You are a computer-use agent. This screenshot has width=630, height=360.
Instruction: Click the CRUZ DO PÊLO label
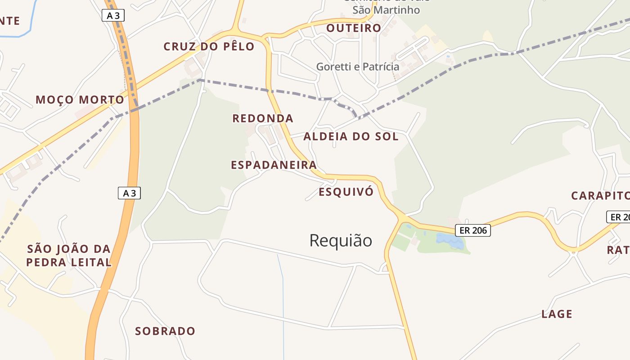point(209,46)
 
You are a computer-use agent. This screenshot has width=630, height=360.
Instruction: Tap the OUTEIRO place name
point(354,28)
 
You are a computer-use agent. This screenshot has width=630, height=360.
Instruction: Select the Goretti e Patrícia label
point(358,67)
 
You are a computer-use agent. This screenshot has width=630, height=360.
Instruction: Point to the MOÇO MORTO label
point(80,99)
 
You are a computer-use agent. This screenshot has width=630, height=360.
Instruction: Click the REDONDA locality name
point(263,118)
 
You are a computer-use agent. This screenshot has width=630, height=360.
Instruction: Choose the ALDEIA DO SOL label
point(351,136)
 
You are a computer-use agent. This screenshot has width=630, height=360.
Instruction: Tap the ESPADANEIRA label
point(274,165)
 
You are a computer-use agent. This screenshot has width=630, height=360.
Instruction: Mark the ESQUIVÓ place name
point(346,192)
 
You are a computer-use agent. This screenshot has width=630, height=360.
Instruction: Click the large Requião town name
point(341,240)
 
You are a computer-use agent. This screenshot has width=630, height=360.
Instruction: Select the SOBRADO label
point(165,331)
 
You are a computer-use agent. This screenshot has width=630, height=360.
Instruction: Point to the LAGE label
point(557,314)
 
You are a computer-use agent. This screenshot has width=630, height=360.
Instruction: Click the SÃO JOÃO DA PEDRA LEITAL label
point(69,255)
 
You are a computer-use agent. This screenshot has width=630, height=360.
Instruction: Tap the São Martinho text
point(386,10)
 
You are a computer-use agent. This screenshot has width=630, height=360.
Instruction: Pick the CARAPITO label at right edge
point(600,196)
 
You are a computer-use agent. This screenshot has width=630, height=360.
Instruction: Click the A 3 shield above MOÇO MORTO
point(113,16)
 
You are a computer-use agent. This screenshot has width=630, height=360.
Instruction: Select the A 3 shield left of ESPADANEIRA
point(129,193)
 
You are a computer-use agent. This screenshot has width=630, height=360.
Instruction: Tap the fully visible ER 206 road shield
point(472,230)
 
